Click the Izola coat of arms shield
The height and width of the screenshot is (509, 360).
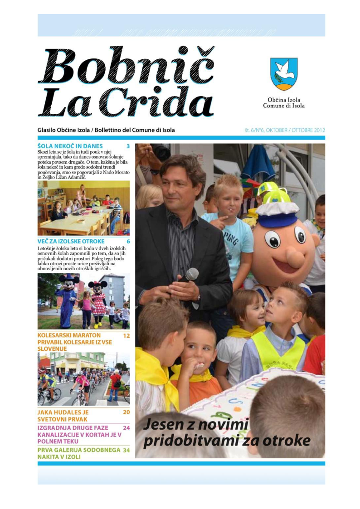(284, 74)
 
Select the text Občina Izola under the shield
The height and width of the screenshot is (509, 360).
(284, 100)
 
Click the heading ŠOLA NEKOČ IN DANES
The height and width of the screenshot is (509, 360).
(70, 146)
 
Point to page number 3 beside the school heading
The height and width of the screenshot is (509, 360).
(128, 146)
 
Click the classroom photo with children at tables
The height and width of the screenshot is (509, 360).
(83, 208)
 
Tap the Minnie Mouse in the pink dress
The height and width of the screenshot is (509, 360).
(98, 299)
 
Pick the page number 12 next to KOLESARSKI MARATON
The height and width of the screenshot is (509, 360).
(126, 335)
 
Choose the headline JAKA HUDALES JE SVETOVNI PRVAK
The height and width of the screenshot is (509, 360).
(63, 416)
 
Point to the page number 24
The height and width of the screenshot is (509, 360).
(126, 427)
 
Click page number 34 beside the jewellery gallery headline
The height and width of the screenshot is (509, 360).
(126, 450)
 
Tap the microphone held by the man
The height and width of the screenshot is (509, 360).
(191, 274)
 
